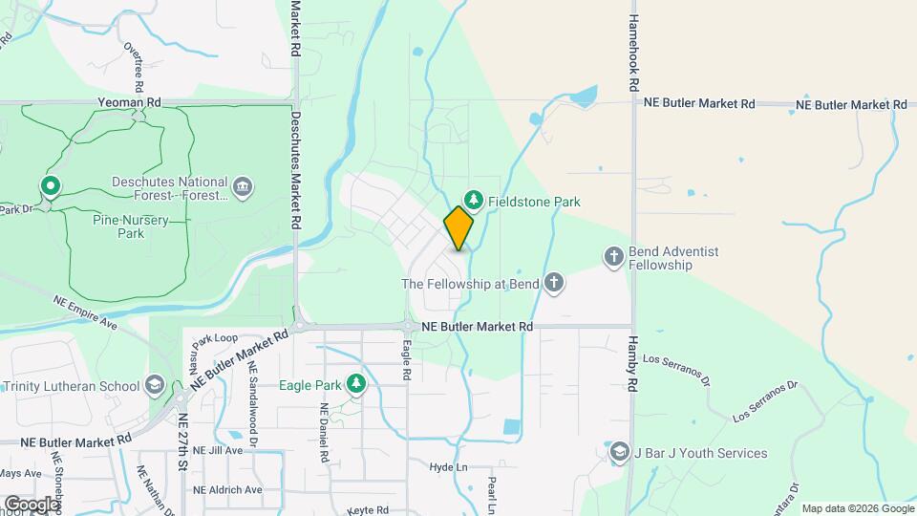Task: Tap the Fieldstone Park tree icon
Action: [472, 201]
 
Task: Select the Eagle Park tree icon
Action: [356, 384]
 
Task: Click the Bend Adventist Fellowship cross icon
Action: [614, 256]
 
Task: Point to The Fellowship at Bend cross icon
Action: [553, 283]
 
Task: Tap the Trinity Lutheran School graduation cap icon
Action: [153, 386]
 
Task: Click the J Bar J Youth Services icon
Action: [619, 453]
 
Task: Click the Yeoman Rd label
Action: [126, 100]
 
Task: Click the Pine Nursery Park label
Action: [131, 226]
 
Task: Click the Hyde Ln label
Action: [448, 467]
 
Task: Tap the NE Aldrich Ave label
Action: [227, 489]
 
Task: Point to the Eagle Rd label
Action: [406, 360]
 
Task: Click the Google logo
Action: [31, 504]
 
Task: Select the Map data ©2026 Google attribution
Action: [856, 508]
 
